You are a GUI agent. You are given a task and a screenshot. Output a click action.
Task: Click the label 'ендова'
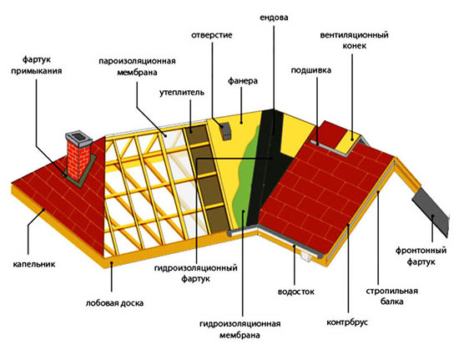pyautogui.click(x=274, y=18)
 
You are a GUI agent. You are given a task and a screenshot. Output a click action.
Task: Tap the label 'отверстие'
pyautogui.click(x=212, y=35)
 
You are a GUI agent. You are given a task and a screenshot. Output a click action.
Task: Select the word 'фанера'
pyautogui.click(x=243, y=81)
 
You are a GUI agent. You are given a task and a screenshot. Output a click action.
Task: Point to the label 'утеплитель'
pyautogui.click(x=182, y=93)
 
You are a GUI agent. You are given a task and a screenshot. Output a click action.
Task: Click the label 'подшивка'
pyautogui.click(x=311, y=70)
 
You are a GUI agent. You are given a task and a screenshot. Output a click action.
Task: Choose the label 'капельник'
pyautogui.click(x=34, y=264)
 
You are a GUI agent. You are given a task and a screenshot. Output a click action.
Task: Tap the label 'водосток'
pyautogui.click(x=296, y=292)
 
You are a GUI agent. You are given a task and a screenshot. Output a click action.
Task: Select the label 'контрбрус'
pyautogui.click(x=347, y=322)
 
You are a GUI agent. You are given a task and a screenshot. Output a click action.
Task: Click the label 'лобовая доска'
pyautogui.click(x=115, y=303)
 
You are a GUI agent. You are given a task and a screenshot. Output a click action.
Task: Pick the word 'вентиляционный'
pyautogui.click(x=354, y=35)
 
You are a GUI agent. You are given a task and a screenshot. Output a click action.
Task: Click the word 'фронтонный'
pyautogui.click(x=421, y=251)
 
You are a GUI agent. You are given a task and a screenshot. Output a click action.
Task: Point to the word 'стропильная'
pyautogui.click(x=391, y=292)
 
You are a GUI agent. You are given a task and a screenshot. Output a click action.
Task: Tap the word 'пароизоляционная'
pyautogui.click(x=137, y=61)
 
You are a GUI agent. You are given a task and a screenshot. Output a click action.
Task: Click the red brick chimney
pyautogui.click(x=78, y=160)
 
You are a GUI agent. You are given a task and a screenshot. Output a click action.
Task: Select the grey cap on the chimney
pyautogui.click(x=78, y=138)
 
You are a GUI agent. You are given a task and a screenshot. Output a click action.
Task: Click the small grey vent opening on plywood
pyautogui.click(x=225, y=131)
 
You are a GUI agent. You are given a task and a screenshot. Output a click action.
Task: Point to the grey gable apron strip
pyautogui.click(x=431, y=211)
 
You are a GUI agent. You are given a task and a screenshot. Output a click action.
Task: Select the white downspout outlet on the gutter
pyautogui.click(x=306, y=256)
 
